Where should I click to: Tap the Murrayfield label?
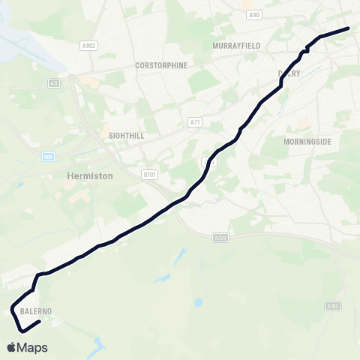tap(236, 46)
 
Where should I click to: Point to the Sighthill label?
tap(126, 136)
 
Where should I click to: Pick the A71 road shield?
tap(195, 121)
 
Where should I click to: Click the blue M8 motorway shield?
tap(48, 156)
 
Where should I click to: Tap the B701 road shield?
tap(148, 174)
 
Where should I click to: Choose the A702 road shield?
tap(334, 306)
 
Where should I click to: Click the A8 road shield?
tap(54, 83)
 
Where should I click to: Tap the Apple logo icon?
tap(11, 347)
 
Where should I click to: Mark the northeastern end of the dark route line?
tap(349, 28)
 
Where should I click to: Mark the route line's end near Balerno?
tap(38, 322)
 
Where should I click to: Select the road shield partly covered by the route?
tap(210, 161)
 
